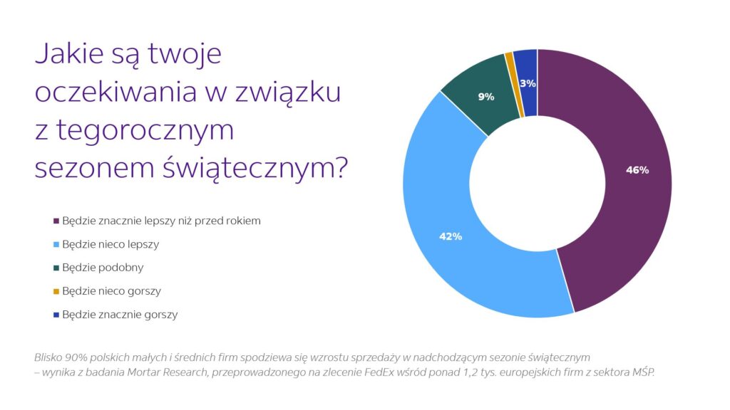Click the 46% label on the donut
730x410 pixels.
(637, 170)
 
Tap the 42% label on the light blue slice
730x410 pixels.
(451, 236)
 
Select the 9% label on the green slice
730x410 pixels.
(486, 97)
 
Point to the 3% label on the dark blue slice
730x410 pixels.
(528, 83)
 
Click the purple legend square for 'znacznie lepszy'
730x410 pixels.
(56, 221)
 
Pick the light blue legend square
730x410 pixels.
(56, 244)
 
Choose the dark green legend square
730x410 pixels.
(56, 268)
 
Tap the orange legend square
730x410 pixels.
(56, 291)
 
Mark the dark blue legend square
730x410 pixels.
(56, 315)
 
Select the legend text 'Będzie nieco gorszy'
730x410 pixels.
(111, 291)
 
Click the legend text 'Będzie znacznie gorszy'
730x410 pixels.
(120, 315)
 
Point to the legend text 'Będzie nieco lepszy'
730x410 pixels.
(110, 244)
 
